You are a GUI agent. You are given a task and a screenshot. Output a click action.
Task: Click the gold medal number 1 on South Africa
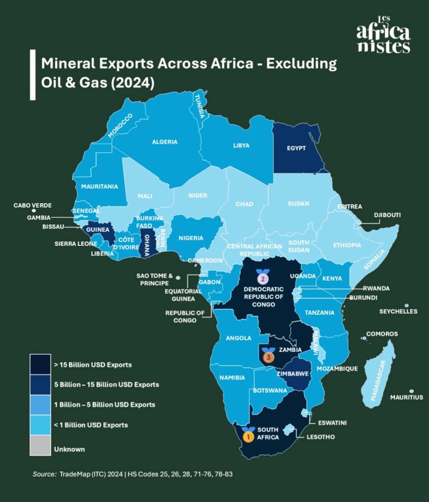point(248,434)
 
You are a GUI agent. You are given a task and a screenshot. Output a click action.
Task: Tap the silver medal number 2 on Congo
point(262,278)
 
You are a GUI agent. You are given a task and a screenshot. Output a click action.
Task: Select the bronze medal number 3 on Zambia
point(268,355)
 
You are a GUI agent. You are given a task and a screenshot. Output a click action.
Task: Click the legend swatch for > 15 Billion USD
point(41,364)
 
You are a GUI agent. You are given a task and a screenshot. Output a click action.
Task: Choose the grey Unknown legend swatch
point(41,448)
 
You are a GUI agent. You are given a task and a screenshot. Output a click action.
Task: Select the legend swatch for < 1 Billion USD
point(41,425)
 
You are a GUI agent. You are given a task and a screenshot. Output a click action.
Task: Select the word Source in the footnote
point(45,474)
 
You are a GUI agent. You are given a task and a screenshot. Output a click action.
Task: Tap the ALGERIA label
point(165,142)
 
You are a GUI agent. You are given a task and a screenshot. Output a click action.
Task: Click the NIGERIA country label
point(190,238)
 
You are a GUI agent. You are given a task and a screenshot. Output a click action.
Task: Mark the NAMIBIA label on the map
point(232,378)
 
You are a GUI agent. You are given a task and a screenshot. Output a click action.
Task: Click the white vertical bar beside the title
point(33,74)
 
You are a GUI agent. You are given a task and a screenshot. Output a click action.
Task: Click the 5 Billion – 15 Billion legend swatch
point(41,385)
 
